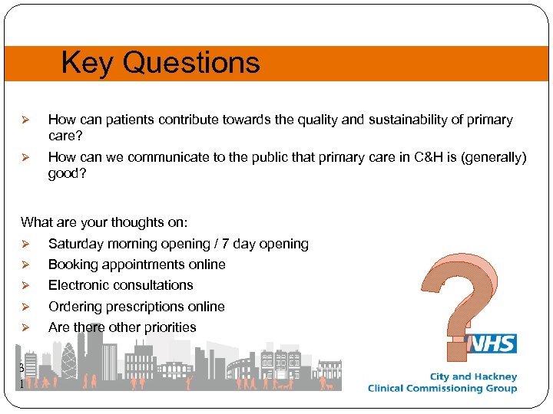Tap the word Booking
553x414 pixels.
click(74, 264)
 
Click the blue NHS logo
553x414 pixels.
click(494, 343)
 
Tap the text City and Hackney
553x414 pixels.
click(473, 376)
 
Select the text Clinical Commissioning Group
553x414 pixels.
click(442, 389)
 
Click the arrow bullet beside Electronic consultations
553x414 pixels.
click(25, 285)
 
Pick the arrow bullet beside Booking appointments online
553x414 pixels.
click(25, 264)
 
